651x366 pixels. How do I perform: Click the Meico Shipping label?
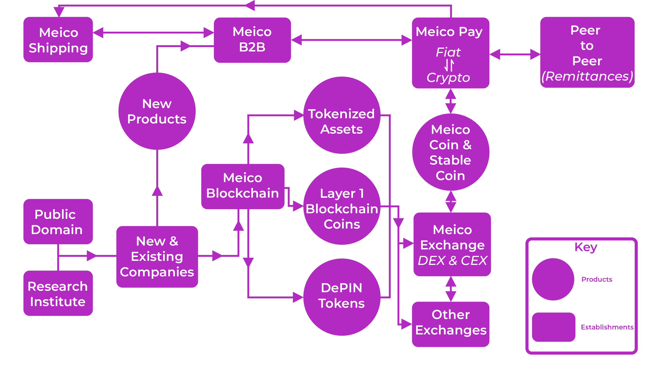(x=58, y=40)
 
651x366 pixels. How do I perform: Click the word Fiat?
(x=448, y=52)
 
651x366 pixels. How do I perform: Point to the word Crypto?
(x=448, y=77)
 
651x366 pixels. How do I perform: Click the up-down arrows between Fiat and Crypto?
(x=449, y=65)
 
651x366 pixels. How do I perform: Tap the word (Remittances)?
(x=587, y=76)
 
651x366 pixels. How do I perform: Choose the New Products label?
(x=157, y=111)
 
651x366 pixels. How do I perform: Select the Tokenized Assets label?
(x=341, y=122)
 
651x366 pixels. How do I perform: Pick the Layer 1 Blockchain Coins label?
(x=342, y=209)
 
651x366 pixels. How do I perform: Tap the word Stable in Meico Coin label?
(x=450, y=160)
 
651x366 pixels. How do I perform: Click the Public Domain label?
(x=57, y=222)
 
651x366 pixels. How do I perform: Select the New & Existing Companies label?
(x=157, y=257)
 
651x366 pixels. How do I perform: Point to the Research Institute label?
(x=58, y=294)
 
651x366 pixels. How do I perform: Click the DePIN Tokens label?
(x=341, y=296)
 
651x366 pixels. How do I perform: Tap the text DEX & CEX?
(x=452, y=261)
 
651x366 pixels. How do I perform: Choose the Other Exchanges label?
(x=451, y=322)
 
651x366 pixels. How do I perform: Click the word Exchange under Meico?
(x=452, y=245)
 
